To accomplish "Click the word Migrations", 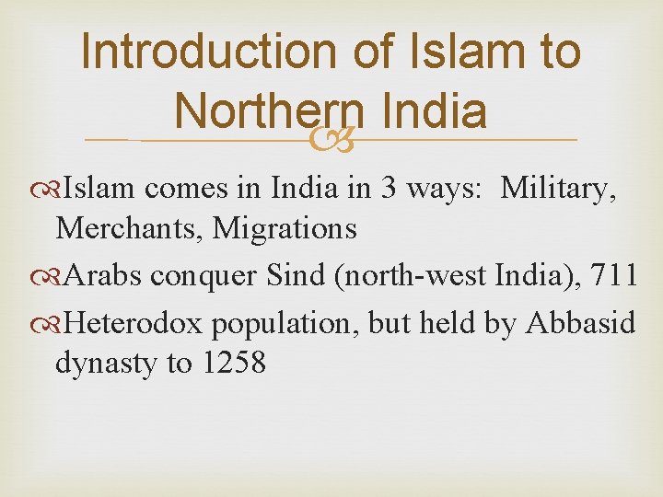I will click(x=285, y=227).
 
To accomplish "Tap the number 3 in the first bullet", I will click(x=390, y=189).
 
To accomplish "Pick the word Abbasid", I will click(x=580, y=324).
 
